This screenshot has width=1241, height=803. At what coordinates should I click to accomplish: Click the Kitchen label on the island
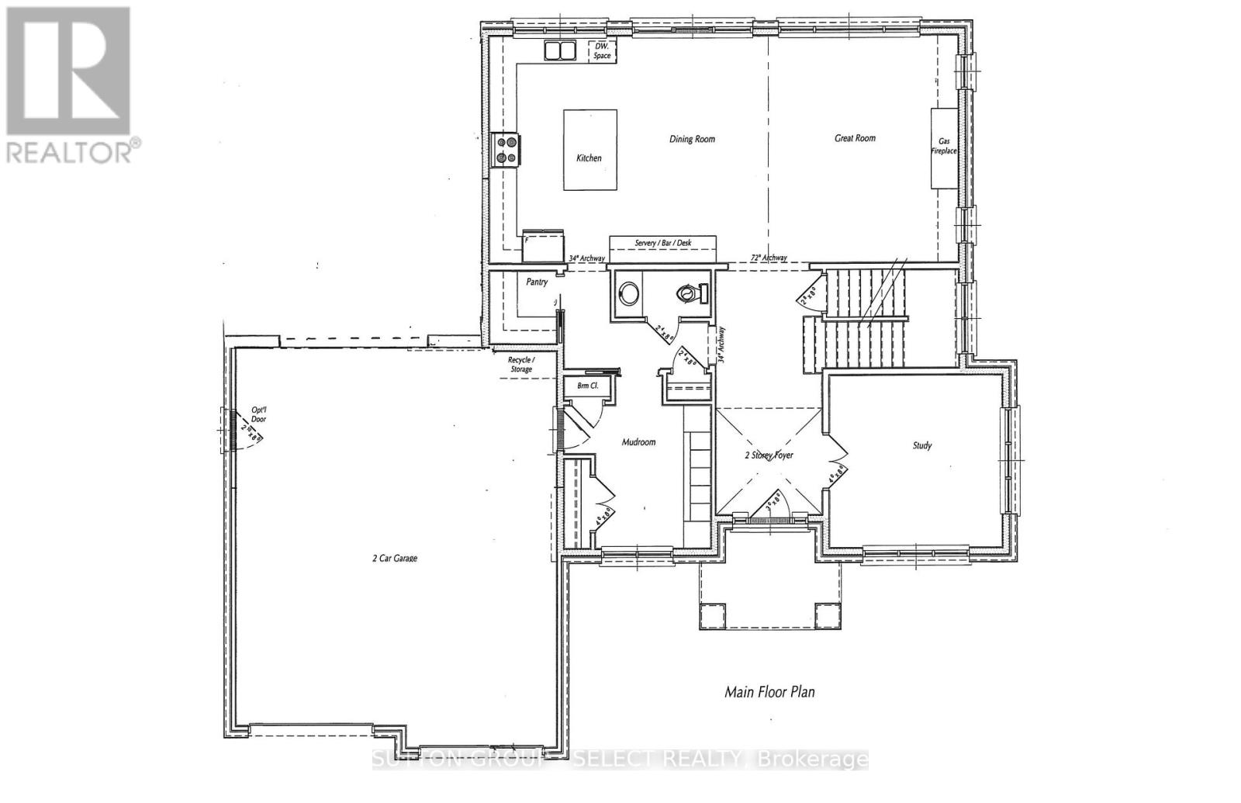click(589, 157)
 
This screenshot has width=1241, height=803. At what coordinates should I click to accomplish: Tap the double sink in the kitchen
click(559, 51)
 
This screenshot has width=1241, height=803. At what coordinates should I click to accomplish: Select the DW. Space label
click(602, 51)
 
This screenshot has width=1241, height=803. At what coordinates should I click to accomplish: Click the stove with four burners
click(507, 149)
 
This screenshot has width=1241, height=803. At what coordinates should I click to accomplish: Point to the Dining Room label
click(692, 139)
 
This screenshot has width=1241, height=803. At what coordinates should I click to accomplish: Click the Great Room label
click(855, 138)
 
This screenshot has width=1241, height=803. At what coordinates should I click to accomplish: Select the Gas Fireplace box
click(944, 147)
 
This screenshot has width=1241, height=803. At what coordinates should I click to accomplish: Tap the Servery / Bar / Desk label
click(663, 243)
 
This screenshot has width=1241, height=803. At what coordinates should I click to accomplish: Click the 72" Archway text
click(769, 258)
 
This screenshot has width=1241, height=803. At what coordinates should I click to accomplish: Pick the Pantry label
click(537, 282)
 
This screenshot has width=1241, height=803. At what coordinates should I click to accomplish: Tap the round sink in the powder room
click(629, 293)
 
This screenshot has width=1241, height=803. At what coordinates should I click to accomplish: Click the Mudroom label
click(638, 442)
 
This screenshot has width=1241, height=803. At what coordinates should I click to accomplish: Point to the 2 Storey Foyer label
click(769, 455)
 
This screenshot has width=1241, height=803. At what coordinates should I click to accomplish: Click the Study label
click(921, 445)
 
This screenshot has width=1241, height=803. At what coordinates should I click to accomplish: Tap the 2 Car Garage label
click(394, 558)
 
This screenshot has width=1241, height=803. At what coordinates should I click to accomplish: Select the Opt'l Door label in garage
click(258, 414)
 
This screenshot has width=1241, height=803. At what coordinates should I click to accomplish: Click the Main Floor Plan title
click(769, 691)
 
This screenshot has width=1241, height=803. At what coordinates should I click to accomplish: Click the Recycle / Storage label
click(520, 365)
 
